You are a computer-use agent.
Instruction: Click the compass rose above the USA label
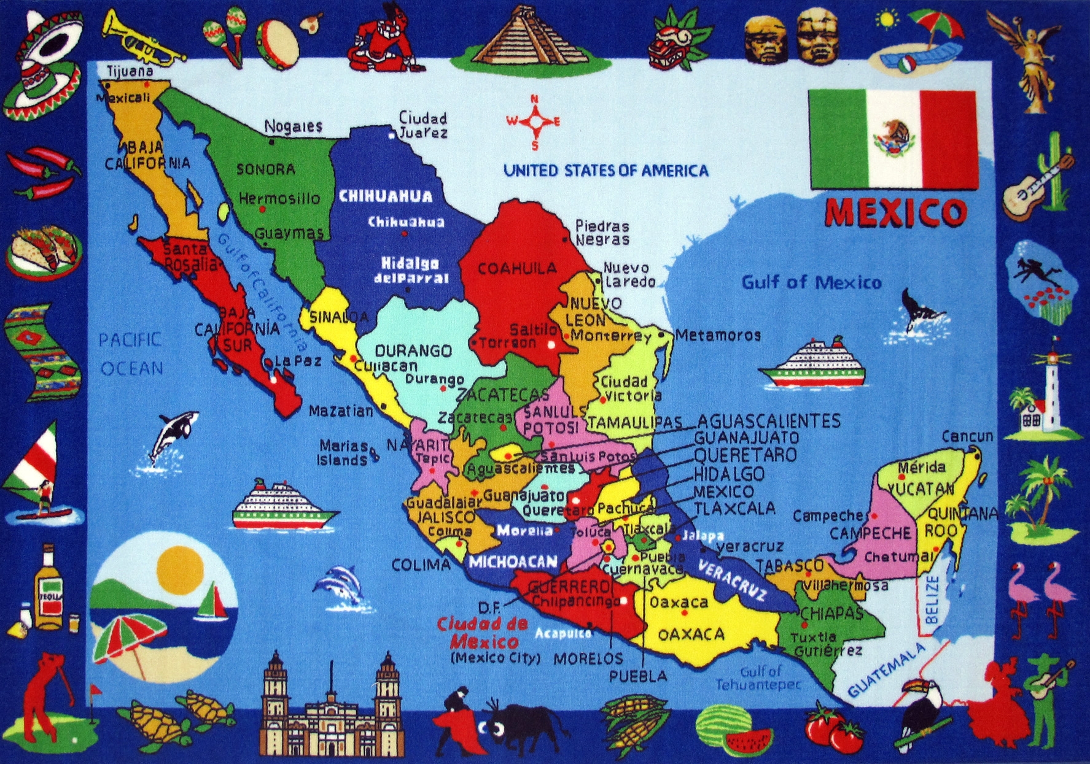[534, 122]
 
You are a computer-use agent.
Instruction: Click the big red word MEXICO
[896, 212]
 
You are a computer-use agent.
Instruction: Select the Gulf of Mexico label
[811, 282]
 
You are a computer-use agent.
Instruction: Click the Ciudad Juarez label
[423, 125]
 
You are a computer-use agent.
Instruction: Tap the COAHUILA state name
[517, 268]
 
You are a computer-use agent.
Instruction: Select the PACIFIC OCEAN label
[131, 354]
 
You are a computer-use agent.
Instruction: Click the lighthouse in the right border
[1051, 393]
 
